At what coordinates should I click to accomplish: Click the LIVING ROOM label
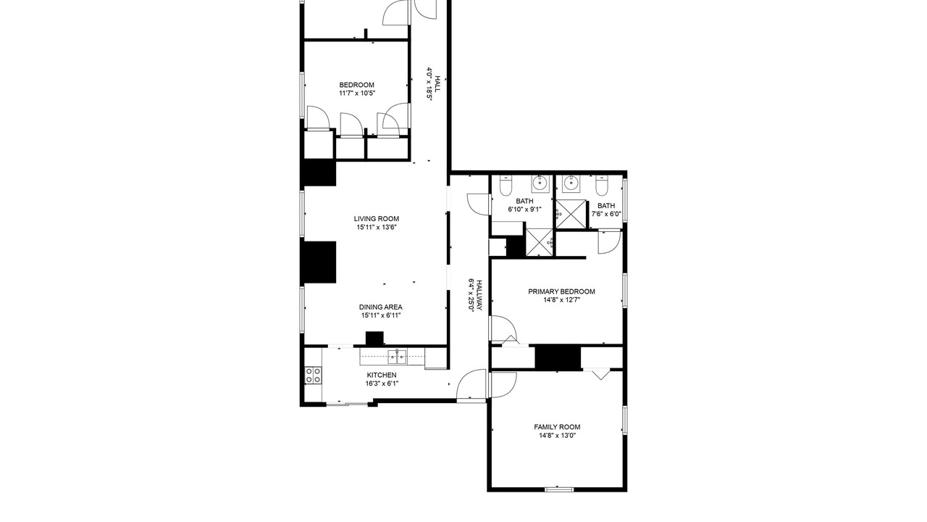coord(376,219)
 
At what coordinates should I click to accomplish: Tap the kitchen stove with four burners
coord(313,376)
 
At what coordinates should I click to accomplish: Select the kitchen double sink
coord(397,357)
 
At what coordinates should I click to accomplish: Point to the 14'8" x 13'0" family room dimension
coord(557,436)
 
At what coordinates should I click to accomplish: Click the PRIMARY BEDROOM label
coord(561,291)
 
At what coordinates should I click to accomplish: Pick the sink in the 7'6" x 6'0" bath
coord(571,184)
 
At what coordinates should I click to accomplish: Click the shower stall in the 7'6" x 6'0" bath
coord(571,214)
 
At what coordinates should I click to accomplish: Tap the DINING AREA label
coord(380,307)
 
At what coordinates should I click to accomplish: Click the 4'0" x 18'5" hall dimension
coord(429,84)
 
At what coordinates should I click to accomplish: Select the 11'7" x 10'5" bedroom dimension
coord(357,94)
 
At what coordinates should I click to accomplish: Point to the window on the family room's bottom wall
coord(559,489)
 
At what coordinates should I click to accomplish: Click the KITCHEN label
coord(382,376)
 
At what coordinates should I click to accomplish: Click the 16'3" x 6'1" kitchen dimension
coord(382,384)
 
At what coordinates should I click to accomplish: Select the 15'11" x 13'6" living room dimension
coord(377,228)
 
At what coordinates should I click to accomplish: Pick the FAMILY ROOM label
coord(557,427)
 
